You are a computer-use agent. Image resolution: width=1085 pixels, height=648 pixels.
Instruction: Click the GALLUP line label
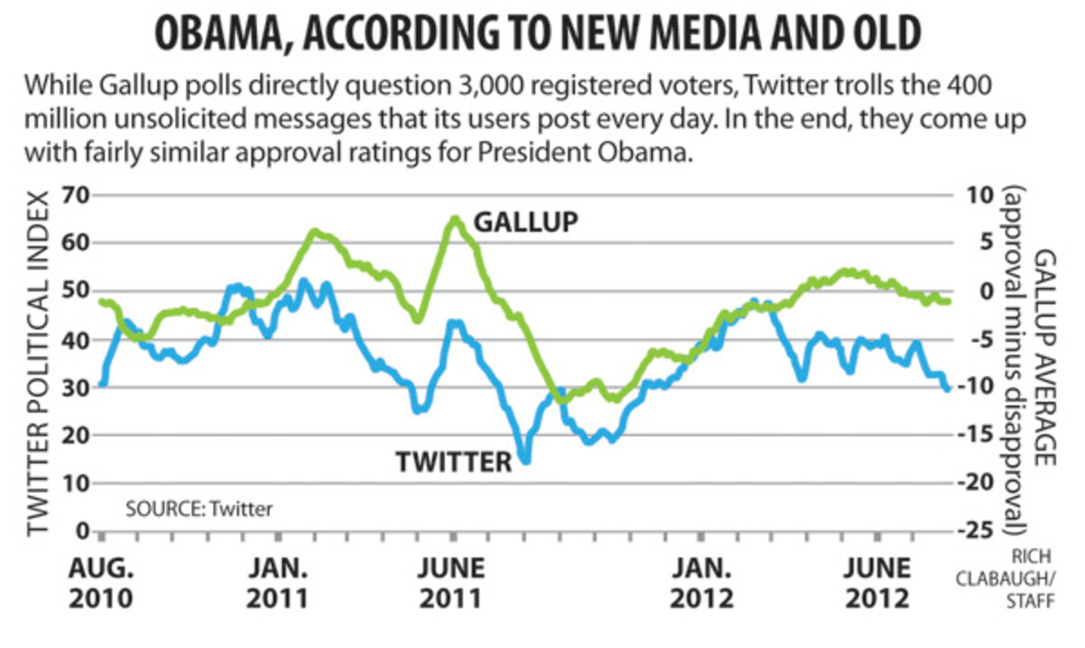point(526,222)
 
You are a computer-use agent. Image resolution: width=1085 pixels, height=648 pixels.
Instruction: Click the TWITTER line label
point(454,462)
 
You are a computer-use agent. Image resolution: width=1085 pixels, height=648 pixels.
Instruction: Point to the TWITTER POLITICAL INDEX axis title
point(38,362)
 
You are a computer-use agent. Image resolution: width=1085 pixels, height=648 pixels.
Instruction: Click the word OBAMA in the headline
point(208,34)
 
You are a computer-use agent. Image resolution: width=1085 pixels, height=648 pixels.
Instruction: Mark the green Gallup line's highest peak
point(455,219)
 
